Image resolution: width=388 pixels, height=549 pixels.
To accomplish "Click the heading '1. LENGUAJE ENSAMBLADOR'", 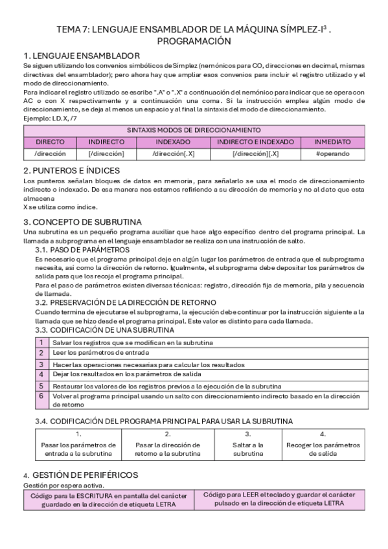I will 81,56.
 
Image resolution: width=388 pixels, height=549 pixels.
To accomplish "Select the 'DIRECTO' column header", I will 50,141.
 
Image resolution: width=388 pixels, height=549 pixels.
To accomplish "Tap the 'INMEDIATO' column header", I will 333,141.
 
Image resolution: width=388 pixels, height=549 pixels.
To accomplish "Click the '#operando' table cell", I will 333,153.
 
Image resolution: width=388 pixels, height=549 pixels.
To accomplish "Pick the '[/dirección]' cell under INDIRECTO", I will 106,153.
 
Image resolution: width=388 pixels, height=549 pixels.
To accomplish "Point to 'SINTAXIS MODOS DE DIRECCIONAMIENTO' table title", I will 194,129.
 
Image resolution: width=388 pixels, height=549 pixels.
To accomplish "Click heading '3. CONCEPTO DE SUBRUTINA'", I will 82,222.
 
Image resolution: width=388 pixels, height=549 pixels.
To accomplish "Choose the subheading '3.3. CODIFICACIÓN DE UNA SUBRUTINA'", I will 104,330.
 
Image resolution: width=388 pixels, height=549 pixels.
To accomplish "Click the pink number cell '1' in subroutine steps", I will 41,342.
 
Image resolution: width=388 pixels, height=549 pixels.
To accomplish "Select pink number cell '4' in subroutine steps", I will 41,374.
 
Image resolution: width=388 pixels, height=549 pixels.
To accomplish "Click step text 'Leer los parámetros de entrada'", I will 100,353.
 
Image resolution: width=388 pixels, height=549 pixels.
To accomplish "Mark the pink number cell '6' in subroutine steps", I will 41,399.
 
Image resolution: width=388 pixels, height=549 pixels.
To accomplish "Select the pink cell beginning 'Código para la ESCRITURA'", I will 108,499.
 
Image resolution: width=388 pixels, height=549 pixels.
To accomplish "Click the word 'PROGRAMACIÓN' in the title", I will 194,41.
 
